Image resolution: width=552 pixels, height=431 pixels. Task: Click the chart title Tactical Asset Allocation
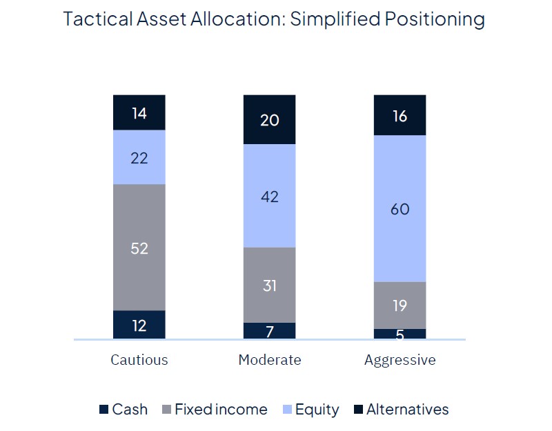274,19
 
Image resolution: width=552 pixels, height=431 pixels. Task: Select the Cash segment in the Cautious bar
139,325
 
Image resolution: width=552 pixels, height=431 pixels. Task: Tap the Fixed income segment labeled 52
139,248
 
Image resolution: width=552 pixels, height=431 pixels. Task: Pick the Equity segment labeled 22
139,157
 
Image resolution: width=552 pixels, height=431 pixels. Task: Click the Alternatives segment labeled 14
139,112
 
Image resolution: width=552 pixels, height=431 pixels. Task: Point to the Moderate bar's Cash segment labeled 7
270,331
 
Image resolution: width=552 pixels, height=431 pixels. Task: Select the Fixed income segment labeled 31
270,285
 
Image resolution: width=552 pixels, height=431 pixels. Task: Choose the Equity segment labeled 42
270,196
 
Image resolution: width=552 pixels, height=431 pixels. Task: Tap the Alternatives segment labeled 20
270,119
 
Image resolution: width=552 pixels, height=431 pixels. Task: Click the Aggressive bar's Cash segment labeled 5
400,334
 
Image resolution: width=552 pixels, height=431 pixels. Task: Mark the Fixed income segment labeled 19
400,305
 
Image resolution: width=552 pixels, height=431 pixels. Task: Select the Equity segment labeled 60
400,209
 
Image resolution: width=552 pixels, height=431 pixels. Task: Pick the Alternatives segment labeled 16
400,115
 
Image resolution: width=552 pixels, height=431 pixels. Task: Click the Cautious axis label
139,360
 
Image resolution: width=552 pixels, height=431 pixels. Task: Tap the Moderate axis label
270,360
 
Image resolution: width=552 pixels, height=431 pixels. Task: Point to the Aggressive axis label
400,360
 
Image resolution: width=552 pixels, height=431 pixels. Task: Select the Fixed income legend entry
214,410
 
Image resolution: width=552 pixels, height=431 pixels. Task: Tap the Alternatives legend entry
400,410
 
